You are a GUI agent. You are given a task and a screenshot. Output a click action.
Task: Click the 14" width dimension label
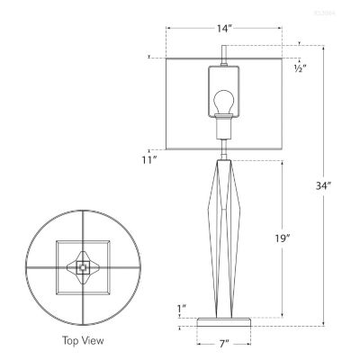pos(224,29)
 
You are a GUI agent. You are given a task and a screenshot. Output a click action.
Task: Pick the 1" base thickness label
pos(183,309)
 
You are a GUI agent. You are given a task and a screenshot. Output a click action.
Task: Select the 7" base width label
pos(222,344)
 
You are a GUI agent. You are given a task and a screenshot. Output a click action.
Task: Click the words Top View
pos(84,340)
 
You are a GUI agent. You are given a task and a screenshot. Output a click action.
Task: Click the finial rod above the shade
pos(223,49)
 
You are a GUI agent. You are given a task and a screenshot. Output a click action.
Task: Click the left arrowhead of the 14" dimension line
pos(168,29)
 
